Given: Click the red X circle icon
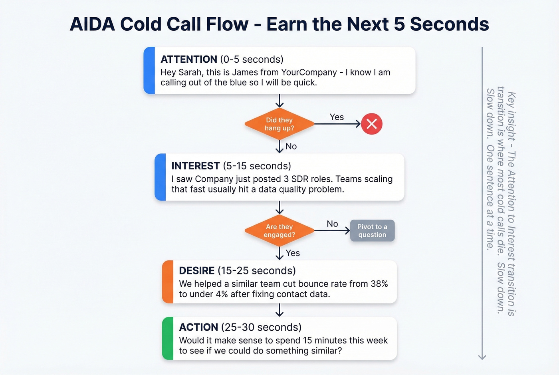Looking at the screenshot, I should coord(372,124).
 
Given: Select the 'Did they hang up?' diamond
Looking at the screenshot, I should coord(279,124).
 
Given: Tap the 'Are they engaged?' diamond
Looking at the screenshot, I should coord(279,230).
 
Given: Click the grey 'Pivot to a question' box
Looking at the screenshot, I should coord(372,230).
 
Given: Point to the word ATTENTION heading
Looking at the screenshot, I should coord(189,60).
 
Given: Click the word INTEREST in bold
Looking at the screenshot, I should coord(196,166).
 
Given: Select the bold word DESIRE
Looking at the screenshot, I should coord(197,271).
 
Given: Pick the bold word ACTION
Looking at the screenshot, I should coord(198,327).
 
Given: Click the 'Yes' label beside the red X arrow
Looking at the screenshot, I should coord(337,117).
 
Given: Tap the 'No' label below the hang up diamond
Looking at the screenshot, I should coord(291,147).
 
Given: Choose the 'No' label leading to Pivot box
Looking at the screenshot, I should coord(332,224).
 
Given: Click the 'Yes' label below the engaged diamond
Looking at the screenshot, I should coord(293,253).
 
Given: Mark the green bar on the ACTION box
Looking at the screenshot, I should coord(168,338).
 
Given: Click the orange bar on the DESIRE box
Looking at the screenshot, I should coord(168,282).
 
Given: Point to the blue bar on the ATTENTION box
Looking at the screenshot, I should coord(149,70).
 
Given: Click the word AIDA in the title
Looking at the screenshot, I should coord(92,24).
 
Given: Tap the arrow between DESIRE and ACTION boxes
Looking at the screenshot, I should coord(279,310).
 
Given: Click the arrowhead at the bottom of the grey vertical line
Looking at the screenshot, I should coord(482,357).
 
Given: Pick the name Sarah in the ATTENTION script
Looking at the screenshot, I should coord(191,73).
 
